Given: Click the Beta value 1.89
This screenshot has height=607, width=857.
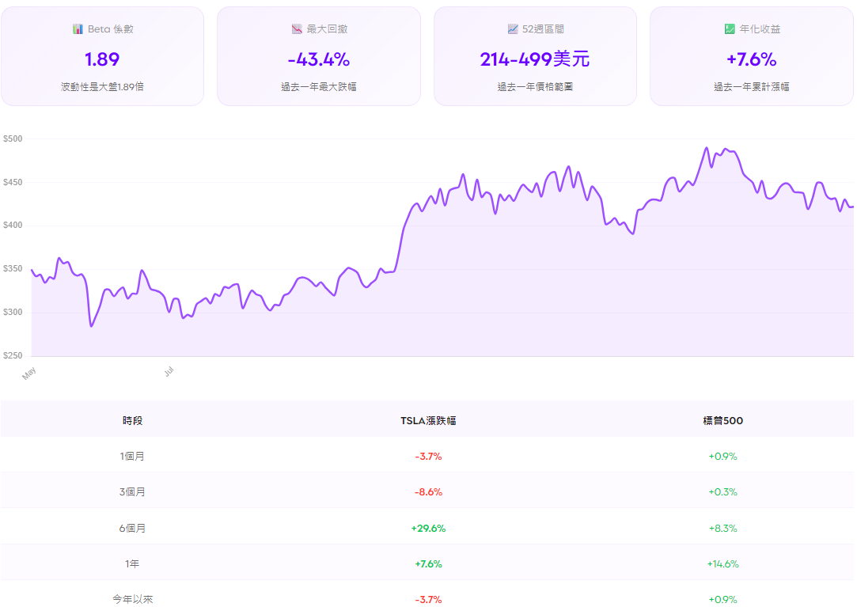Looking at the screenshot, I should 102,59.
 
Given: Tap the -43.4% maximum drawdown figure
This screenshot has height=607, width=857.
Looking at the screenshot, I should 318,59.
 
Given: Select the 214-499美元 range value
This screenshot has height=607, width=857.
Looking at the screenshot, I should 535,59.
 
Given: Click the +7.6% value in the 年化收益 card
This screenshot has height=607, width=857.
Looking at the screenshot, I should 751,59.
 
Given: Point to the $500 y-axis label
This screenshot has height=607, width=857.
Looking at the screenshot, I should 13,139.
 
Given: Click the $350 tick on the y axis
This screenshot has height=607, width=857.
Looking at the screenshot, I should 13,270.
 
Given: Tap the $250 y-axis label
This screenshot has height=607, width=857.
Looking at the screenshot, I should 13,356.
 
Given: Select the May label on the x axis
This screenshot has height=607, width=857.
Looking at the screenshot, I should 30,373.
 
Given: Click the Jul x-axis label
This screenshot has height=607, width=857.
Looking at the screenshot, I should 169,370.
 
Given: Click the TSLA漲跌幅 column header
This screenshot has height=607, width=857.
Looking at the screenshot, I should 428,421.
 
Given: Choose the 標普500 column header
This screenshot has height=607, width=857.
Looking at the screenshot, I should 722,421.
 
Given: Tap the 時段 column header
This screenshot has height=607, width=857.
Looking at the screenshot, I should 132,421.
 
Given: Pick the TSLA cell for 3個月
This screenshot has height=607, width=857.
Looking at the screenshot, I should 428,492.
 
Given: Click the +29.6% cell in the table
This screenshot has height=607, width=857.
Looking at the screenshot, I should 428,528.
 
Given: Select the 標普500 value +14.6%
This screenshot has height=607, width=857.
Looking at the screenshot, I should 722,564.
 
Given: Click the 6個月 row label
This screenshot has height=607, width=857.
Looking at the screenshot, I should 132,528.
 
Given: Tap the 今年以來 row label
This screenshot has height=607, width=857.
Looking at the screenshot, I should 132,600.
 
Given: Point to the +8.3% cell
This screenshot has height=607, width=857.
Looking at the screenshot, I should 722,528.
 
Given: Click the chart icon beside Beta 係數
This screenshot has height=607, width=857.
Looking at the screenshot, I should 78,29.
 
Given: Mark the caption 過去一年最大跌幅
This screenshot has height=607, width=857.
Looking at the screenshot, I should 318,87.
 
